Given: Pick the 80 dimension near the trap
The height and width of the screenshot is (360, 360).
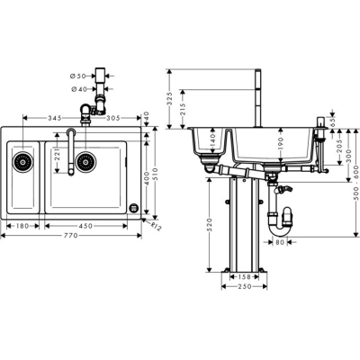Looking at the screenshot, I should coord(280,241).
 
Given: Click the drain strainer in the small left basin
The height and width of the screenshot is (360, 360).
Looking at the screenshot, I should coord(23,163).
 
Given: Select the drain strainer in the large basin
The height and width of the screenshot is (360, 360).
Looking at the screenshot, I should coord(85,163).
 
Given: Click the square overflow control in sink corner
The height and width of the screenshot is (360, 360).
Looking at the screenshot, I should coord(134,208).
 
